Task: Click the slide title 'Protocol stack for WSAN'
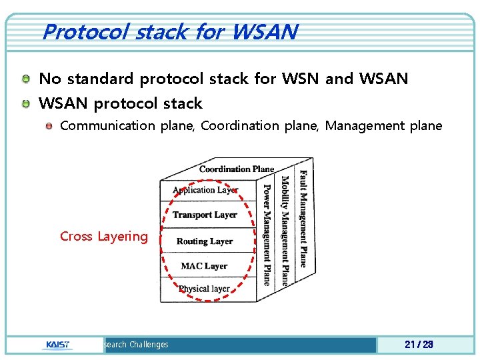pos(169,31)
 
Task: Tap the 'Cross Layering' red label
pos(104,236)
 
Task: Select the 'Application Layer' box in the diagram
pos(205,190)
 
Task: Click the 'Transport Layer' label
pos(205,215)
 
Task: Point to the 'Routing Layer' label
pos(205,241)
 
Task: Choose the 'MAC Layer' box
pos(204,266)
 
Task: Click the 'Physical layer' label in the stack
pos(204,289)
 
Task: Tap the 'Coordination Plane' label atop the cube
pos(237,169)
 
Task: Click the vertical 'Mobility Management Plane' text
pos(285,230)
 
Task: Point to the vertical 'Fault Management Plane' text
pos(303,219)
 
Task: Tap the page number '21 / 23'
pos(419,345)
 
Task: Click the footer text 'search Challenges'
pos(136,345)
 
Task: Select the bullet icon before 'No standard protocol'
pos(25,79)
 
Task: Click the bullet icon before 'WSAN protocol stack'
pos(25,103)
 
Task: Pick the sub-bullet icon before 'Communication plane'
pos(49,126)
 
